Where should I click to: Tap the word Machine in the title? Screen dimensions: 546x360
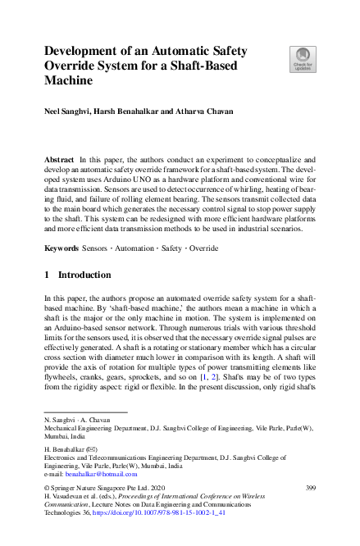point(68,82)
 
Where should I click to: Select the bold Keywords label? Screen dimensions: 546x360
point(62,247)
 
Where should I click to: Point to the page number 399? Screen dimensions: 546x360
point(310,489)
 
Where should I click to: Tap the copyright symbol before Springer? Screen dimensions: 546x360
point(48,489)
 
